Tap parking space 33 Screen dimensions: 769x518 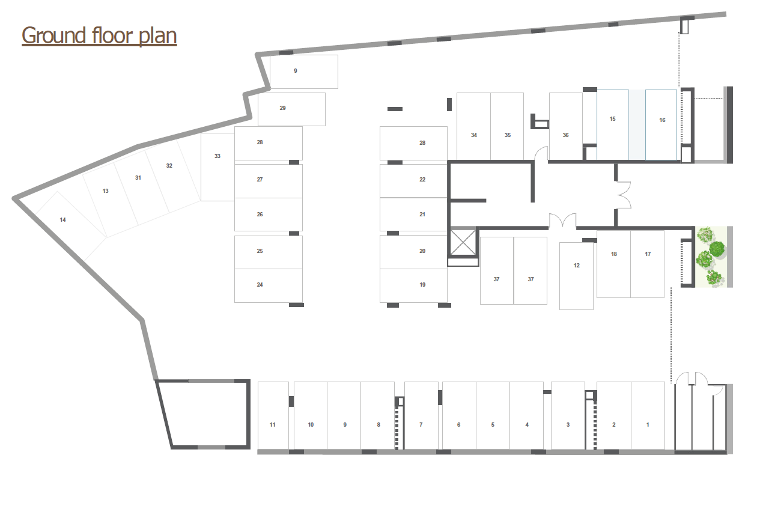click(x=217, y=167)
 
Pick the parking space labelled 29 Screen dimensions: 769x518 click(x=291, y=109)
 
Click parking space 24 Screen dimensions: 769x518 click(x=269, y=286)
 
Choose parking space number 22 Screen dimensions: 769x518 click(x=413, y=181)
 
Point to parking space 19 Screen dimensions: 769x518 click(x=413, y=286)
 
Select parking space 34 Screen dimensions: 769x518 click(x=473, y=126)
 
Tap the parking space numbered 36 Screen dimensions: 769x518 click(x=566, y=126)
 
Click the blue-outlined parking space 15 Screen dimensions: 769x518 click(x=612, y=125)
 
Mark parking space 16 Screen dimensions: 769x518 click(x=661, y=125)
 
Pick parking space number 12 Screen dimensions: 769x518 click(x=576, y=276)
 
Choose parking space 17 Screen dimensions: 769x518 click(x=647, y=264)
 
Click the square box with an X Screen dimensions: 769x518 click(x=463, y=243)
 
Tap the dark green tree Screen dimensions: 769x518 click(x=717, y=249)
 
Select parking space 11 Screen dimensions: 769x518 click(x=273, y=416)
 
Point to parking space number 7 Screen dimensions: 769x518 click(x=421, y=416)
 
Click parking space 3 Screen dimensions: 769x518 click(x=568, y=416)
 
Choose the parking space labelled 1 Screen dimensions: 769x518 click(x=648, y=416)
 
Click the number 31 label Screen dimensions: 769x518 click(x=138, y=178)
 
